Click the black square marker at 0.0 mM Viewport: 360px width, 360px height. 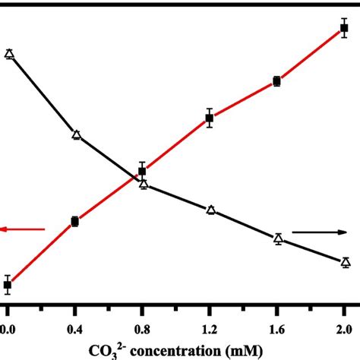click(8, 286)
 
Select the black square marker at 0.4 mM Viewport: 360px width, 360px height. click(74, 222)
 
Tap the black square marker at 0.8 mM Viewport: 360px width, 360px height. click(142, 172)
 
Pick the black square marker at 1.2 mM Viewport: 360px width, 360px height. click(210, 118)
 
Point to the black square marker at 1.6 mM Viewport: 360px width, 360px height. click(277, 81)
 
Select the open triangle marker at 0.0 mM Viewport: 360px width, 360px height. click(9, 53)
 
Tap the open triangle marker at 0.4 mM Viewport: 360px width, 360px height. click(76, 135)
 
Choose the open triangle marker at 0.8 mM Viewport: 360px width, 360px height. click(143, 183)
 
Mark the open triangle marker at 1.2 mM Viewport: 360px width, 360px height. click(211, 210)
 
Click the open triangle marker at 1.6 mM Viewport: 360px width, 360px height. click(278, 238)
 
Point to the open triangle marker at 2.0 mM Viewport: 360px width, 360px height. click(346, 262)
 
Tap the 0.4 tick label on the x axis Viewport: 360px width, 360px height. click(74, 330)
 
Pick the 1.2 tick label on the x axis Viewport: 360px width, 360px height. click(210, 330)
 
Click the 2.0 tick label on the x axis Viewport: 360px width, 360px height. click(344, 330)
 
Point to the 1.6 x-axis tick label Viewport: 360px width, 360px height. click(277, 330)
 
